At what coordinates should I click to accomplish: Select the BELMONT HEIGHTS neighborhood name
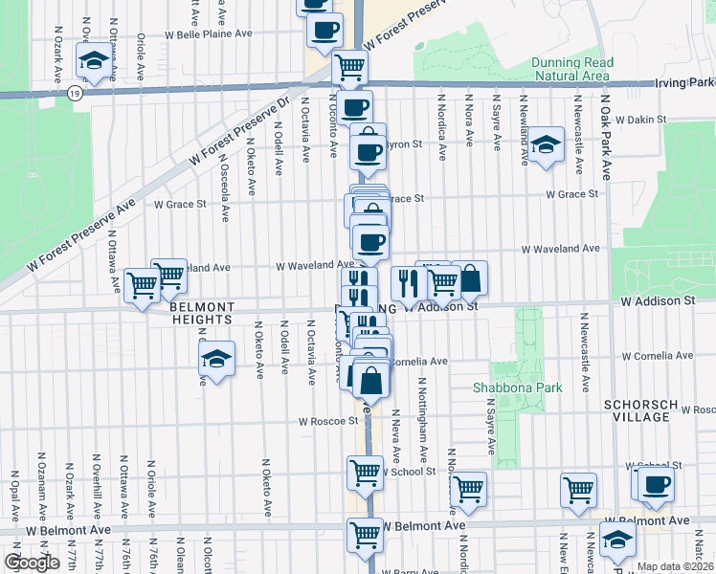(202, 313)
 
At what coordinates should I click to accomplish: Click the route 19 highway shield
(75, 94)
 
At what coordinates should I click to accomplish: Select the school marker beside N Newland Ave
(547, 144)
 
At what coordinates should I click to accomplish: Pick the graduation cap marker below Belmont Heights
(217, 360)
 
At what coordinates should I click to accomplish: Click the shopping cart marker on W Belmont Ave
(365, 534)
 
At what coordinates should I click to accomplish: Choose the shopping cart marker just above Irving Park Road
(350, 67)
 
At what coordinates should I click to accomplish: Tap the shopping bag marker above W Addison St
(470, 278)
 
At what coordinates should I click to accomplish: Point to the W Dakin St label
(640, 121)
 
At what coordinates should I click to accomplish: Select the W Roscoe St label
(327, 420)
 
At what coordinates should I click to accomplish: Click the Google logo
(32, 562)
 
